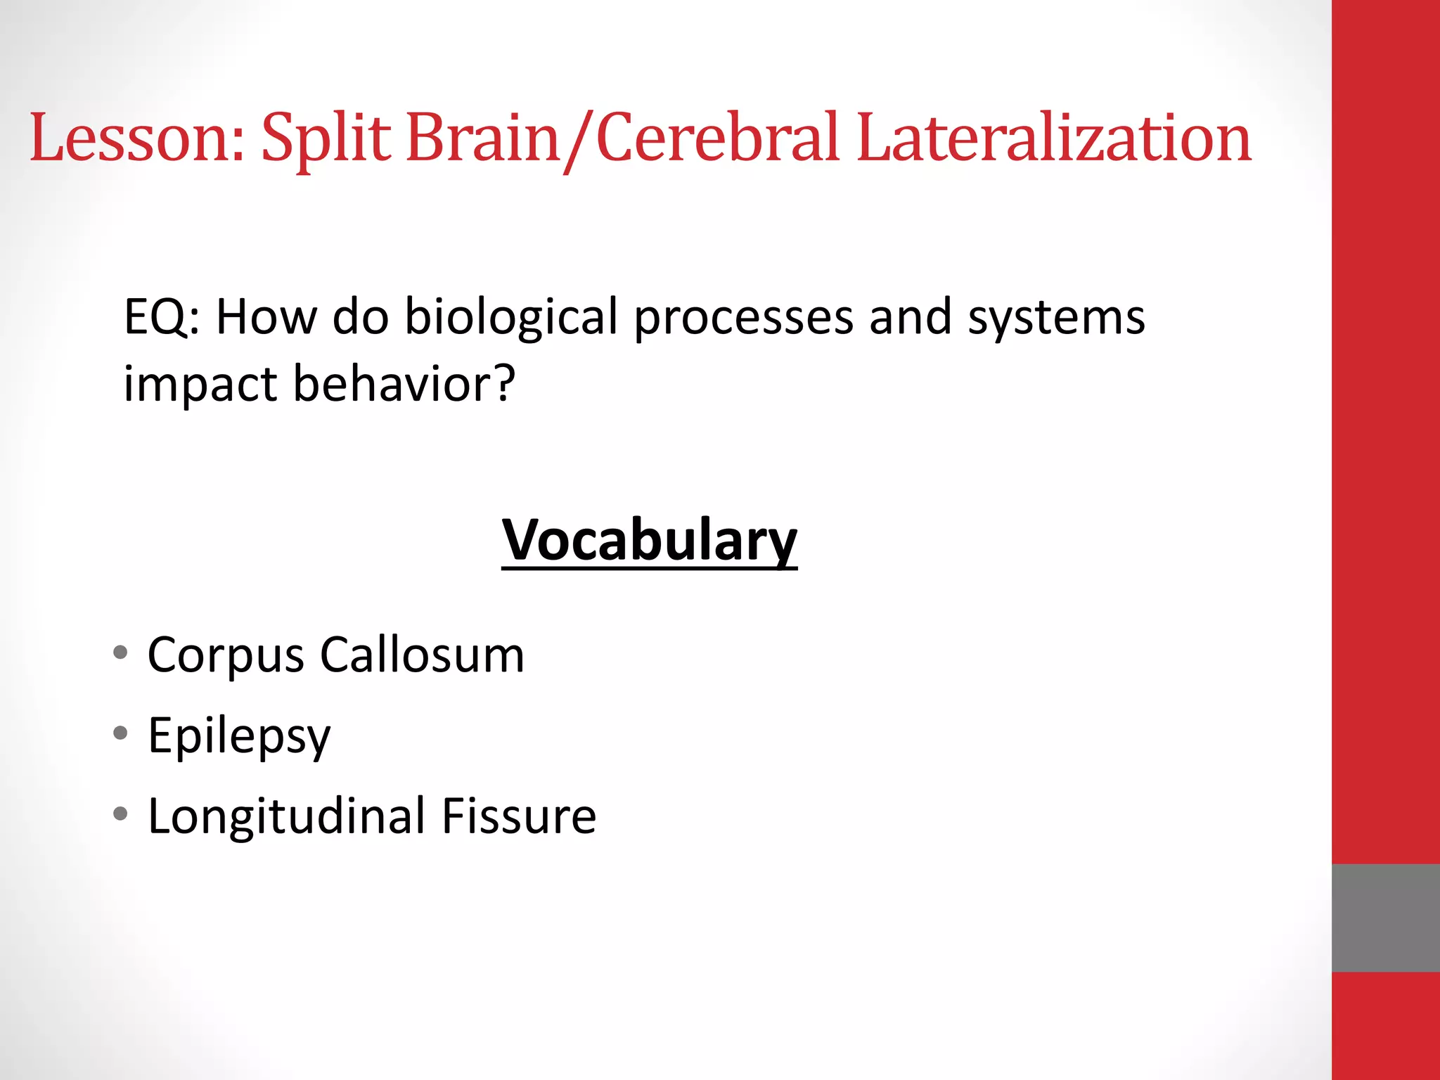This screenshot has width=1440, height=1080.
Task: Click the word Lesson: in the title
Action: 137,138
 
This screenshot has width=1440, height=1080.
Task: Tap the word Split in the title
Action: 326,138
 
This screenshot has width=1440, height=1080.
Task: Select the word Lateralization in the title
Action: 1054,138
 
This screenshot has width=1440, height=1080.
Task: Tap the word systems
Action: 1056,319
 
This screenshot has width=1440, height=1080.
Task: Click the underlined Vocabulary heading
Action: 649,540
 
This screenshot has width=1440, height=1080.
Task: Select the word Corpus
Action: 225,656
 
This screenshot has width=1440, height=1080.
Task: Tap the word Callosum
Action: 422,655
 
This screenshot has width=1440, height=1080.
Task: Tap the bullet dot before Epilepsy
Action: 120,733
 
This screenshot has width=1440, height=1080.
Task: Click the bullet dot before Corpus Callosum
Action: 120,652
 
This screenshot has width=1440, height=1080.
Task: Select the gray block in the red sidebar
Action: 1385,918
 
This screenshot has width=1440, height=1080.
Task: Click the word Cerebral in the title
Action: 718,138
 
